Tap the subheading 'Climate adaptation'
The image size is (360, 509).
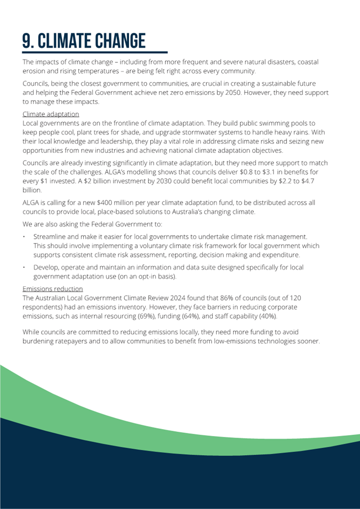tap(51, 114)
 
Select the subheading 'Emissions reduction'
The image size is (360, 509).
tap(52, 289)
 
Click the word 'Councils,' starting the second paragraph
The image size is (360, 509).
tap(36, 84)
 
